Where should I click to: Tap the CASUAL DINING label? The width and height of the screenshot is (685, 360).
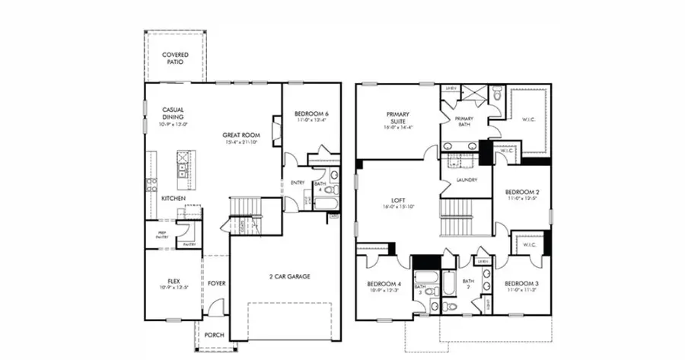(173, 114)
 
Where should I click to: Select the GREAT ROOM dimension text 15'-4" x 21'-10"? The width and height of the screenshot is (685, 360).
(238, 142)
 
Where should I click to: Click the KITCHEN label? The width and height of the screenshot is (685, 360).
(174, 199)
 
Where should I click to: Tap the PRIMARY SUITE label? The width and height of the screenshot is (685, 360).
(398, 116)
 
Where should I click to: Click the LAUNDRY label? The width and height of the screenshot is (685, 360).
(467, 180)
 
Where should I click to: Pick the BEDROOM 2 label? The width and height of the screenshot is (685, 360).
(523, 193)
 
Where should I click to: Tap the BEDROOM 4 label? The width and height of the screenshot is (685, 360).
(384, 283)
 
